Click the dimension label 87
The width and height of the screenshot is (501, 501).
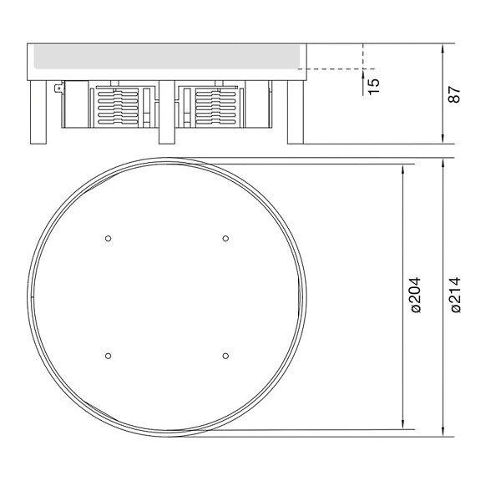pos(454,94)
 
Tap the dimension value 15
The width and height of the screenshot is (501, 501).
pos(374,86)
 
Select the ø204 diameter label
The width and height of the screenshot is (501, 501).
pos(415,295)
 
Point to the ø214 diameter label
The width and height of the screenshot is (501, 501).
pos(455,295)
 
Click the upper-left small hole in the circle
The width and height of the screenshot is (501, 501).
pos(108,238)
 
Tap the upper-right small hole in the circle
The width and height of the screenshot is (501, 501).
pos(225,238)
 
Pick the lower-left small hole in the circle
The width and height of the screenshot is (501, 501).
pos(108,356)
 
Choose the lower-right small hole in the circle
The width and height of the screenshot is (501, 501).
pos(225,356)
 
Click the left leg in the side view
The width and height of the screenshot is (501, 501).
pos(38,112)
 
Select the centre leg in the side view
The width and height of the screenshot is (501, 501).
pos(167,112)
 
